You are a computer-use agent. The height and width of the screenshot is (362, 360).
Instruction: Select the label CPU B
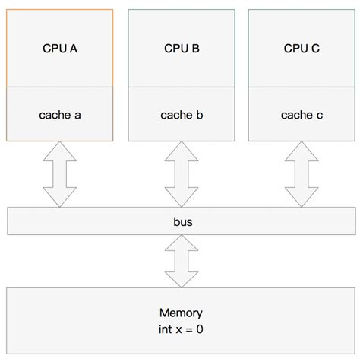pos(182,49)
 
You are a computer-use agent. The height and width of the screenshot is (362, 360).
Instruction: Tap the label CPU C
pos(302,49)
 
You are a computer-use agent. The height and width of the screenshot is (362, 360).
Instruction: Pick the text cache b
pos(182,115)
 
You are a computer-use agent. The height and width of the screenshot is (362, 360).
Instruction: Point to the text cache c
pos(302,115)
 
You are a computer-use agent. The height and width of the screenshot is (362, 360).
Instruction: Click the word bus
pos(181,222)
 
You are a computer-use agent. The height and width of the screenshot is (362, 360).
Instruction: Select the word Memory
pos(181,313)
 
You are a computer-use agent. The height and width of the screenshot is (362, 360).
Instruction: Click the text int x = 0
pos(181,329)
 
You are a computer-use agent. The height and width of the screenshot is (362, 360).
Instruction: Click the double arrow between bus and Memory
pos(181,261)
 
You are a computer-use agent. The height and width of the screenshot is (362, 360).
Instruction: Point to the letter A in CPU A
pos(74,49)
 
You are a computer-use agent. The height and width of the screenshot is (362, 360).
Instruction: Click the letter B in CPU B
pos(196,49)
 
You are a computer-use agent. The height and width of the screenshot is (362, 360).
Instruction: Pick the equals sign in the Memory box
pos(190,329)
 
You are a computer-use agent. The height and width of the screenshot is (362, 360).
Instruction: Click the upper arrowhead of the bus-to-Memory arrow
pos(181,243)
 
